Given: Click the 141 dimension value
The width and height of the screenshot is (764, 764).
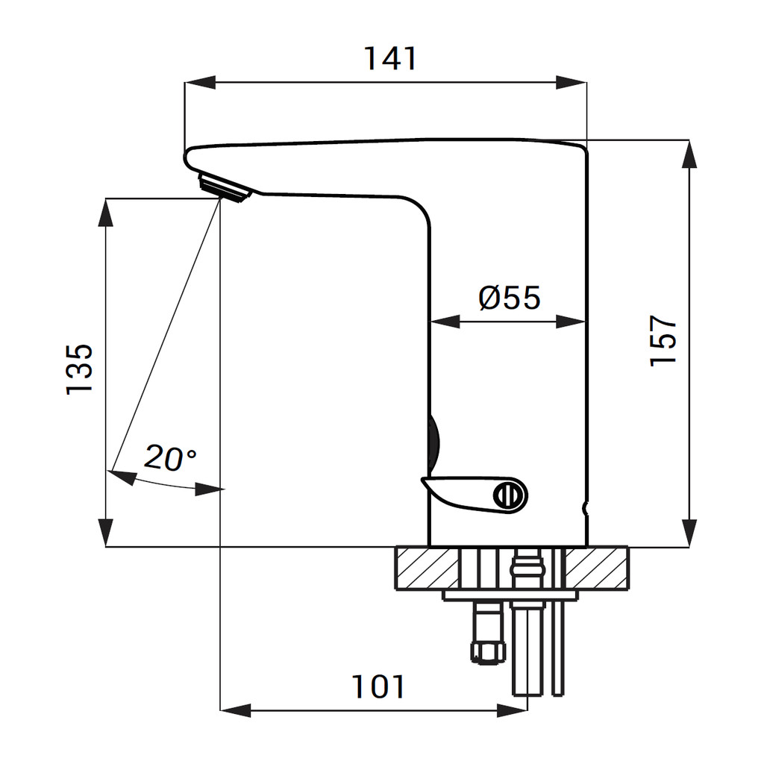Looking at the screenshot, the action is tap(390, 59).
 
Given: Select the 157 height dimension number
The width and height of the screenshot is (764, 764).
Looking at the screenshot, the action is tap(663, 340).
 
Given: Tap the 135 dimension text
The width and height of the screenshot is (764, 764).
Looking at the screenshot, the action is tap(79, 369).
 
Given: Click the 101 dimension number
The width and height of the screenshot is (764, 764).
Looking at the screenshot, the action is tap(378, 687).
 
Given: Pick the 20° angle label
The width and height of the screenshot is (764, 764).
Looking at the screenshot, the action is tap(170, 458).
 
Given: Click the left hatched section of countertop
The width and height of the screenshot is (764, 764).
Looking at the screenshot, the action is tap(428, 569).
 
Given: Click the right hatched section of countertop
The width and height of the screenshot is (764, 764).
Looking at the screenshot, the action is tap(596, 569).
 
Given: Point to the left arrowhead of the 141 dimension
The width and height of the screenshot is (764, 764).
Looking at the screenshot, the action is tap(200, 82).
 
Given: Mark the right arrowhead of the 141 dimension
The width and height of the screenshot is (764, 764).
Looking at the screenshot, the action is tap(571, 82).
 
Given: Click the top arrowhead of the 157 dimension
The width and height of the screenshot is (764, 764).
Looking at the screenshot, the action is tap(689, 154).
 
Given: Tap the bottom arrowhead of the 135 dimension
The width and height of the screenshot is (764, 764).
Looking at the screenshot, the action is tap(106, 533).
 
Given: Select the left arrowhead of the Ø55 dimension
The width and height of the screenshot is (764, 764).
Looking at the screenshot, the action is tap(445, 322).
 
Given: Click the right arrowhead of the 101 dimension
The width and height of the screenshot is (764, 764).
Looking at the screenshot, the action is tap(512, 710).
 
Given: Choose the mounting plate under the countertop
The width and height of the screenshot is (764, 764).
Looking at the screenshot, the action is tap(510, 595).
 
